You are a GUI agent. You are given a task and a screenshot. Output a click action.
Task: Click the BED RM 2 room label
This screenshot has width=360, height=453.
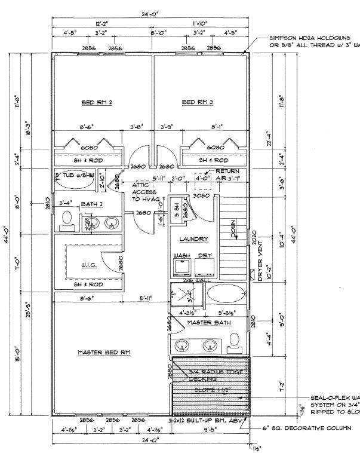tap(97, 103)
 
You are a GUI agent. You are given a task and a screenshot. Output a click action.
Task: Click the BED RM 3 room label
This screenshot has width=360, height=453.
tap(198, 103)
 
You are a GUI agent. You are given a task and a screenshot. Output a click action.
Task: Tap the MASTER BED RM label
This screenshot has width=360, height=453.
tap(104, 353)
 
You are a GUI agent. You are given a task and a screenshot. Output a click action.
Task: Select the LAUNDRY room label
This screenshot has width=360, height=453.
tap(195, 239)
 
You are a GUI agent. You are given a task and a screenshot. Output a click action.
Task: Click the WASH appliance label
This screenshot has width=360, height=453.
tap(181, 255)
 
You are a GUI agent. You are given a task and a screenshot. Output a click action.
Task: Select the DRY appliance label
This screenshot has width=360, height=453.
tap(205, 255)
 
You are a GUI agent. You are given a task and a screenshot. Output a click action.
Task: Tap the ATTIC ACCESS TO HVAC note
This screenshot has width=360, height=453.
tap(144, 192)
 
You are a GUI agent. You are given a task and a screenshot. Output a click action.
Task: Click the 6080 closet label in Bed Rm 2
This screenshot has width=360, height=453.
tap(90, 147)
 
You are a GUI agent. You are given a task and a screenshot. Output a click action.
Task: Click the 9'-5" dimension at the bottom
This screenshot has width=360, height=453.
tap(211, 430)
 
